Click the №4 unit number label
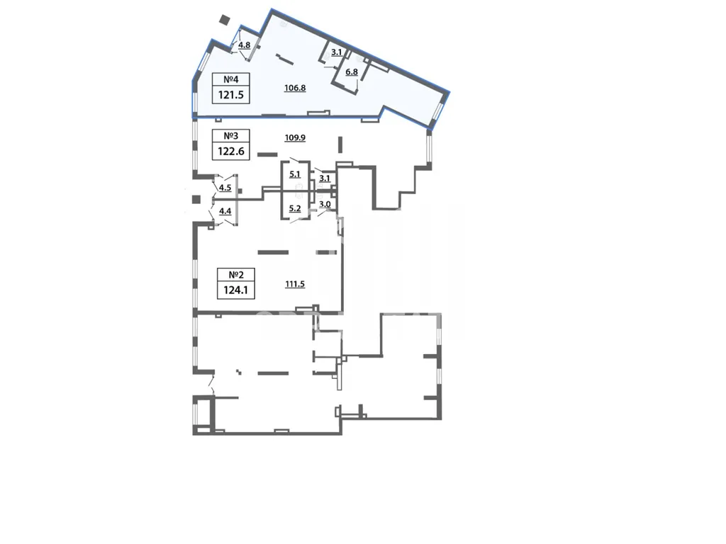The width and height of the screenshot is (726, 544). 230,79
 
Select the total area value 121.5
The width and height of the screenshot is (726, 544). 230,95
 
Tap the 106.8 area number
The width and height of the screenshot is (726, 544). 295,87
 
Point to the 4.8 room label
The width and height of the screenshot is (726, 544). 244,45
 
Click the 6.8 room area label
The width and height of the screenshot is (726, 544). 352,72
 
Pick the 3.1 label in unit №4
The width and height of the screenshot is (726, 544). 337,52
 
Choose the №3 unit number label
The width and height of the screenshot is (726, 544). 230,136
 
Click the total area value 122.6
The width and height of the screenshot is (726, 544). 230,152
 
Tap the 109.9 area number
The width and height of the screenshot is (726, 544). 295,137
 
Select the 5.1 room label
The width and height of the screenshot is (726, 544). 295,174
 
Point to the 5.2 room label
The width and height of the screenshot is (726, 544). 295,209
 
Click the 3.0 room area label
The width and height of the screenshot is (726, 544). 325,205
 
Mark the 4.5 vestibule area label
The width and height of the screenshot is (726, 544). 225,187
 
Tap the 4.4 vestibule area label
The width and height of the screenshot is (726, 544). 225,211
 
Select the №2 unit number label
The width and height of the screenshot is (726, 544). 236,275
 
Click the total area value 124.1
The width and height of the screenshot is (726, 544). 236,290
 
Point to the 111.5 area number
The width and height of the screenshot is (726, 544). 295,284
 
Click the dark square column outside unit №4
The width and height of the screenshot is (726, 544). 225,20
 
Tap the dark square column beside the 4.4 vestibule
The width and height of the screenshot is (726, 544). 196,199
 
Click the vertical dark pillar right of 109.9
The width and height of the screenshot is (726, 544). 340,144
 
